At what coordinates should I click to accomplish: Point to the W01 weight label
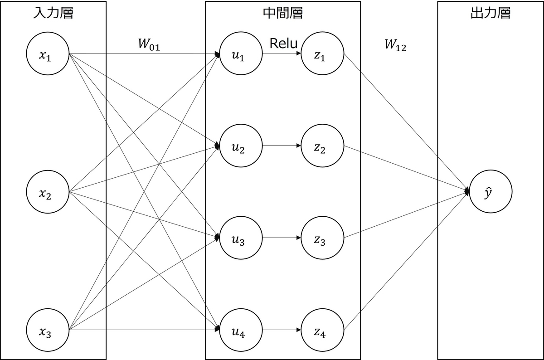pyautogui.click(x=149, y=44)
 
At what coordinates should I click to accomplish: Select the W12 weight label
pyautogui.click(x=395, y=45)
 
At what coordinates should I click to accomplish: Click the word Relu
pyautogui.click(x=283, y=44)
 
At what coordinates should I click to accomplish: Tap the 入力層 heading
pyautogui.click(x=53, y=13)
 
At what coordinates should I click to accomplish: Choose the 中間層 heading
pyautogui.click(x=283, y=13)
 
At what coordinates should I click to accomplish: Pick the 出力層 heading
pyautogui.click(x=491, y=13)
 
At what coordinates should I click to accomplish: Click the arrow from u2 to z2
pyautogui.click(x=282, y=146)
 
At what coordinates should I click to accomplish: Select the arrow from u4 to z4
pyautogui.click(x=282, y=330)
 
